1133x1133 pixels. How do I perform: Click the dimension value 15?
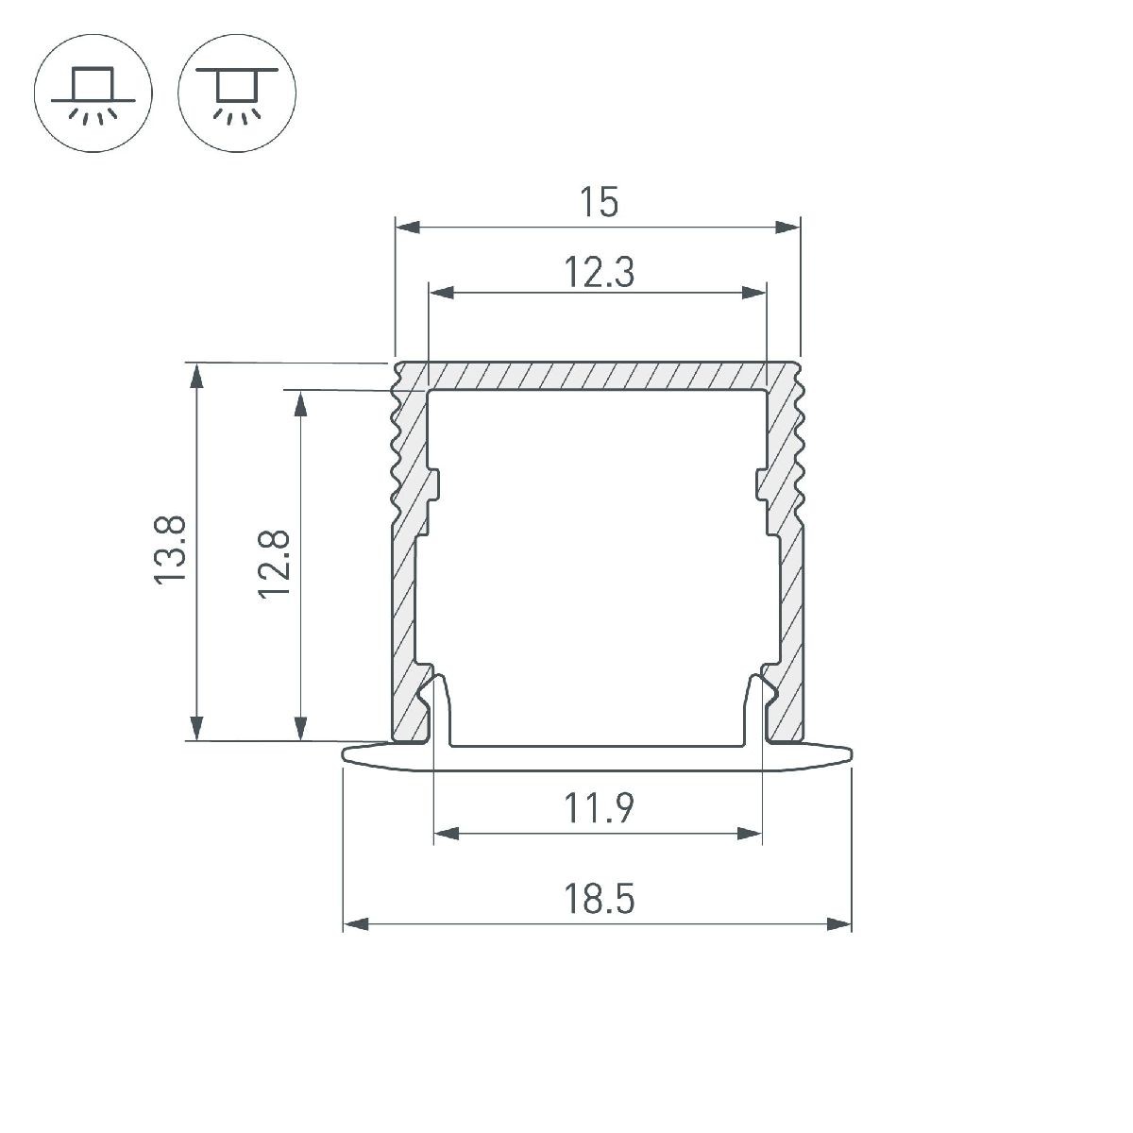[599, 202]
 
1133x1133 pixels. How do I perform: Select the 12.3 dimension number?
[599, 272]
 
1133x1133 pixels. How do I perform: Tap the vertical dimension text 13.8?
[170, 550]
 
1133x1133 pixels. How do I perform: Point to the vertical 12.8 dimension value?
[274, 565]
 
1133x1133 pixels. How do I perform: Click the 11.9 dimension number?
[599, 808]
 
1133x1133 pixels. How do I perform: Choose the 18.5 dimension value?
[599, 899]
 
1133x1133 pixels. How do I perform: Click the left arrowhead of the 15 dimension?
[408, 227]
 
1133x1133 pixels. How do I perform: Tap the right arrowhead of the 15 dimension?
[787, 227]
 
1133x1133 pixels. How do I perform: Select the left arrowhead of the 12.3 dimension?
[442, 292]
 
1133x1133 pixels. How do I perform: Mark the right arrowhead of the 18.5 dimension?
[838, 924]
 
